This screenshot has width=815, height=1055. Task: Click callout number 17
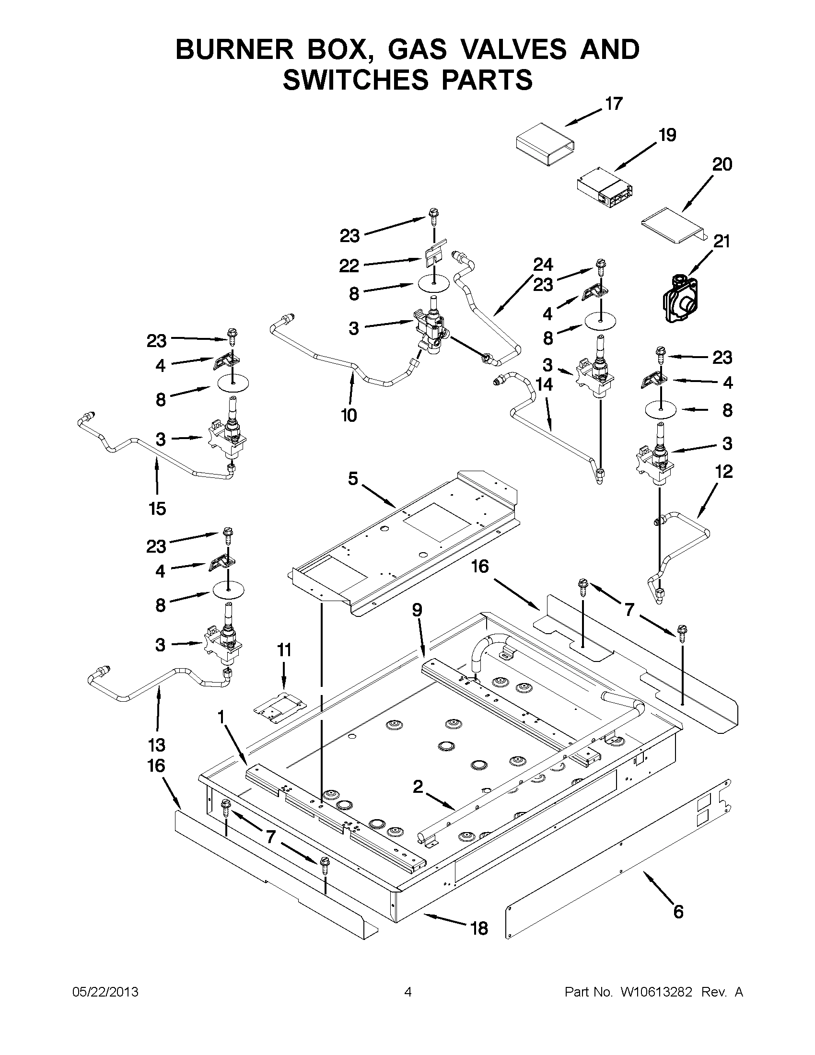[x=614, y=104]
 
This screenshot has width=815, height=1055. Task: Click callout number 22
[x=349, y=266]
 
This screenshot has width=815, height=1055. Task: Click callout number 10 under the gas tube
[x=349, y=416]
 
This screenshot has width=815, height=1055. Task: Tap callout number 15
[x=158, y=508]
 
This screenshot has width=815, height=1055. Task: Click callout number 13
[x=157, y=745]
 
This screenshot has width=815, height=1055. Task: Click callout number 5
[x=353, y=479]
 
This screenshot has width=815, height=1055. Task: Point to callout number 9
[x=417, y=610]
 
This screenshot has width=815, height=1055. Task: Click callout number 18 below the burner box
[x=479, y=928]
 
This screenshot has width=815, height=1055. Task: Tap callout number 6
[x=678, y=912]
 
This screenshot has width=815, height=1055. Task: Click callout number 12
[x=723, y=471]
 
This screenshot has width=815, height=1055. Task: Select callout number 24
[x=543, y=265]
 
